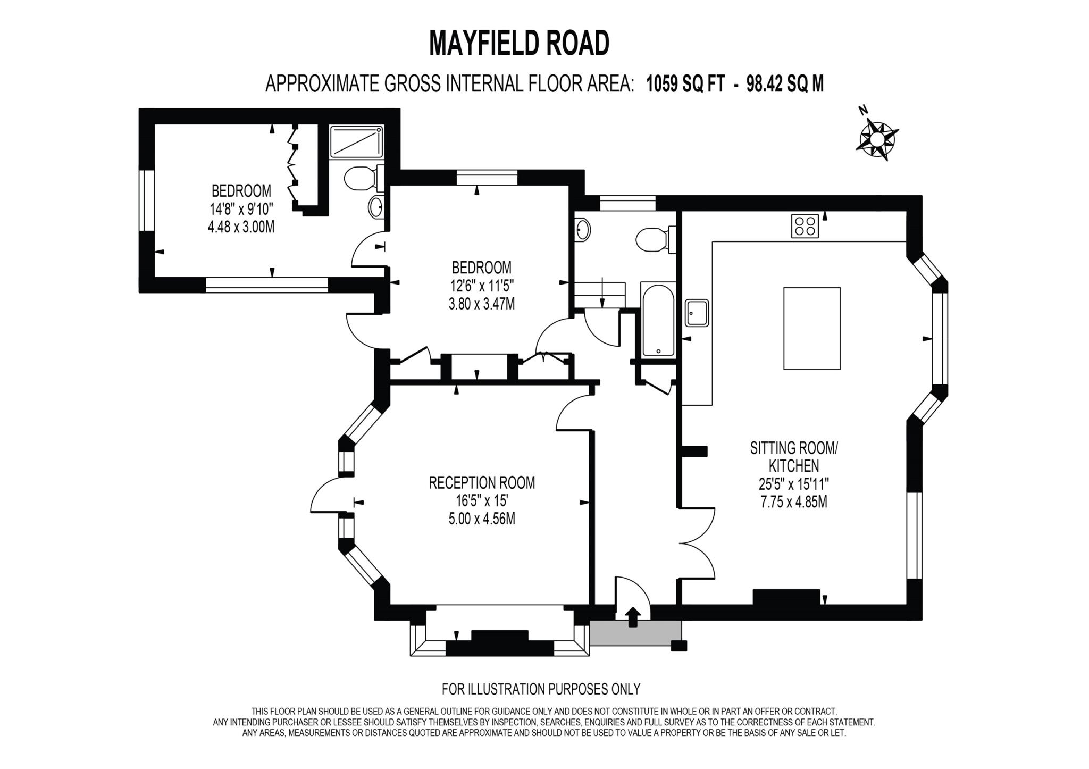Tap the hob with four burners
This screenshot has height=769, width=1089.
pyautogui.click(x=805, y=225)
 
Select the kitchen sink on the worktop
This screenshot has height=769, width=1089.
pyautogui.click(x=697, y=313)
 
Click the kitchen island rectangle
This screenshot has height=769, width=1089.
pyautogui.click(x=812, y=328)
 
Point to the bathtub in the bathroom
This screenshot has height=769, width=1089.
pyautogui.click(x=658, y=320)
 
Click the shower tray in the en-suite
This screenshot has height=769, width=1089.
pyautogui.click(x=356, y=141)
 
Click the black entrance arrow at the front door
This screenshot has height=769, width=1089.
pyautogui.click(x=632, y=617)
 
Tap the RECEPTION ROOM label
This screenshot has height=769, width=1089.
pyautogui.click(x=482, y=483)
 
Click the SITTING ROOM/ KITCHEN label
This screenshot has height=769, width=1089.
pyautogui.click(x=794, y=457)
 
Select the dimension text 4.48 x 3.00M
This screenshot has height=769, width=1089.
pyautogui.click(x=241, y=227)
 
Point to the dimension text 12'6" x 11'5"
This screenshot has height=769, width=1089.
pyautogui.click(x=482, y=286)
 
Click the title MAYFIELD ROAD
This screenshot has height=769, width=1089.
pyautogui.click(x=519, y=43)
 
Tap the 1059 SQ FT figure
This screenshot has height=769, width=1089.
pyautogui.click(x=685, y=84)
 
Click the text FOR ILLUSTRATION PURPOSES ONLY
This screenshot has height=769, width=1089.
pyautogui.click(x=541, y=689)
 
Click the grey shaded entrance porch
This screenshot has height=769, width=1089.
pyautogui.click(x=635, y=633)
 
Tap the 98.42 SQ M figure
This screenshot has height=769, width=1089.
pyautogui.click(x=785, y=84)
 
